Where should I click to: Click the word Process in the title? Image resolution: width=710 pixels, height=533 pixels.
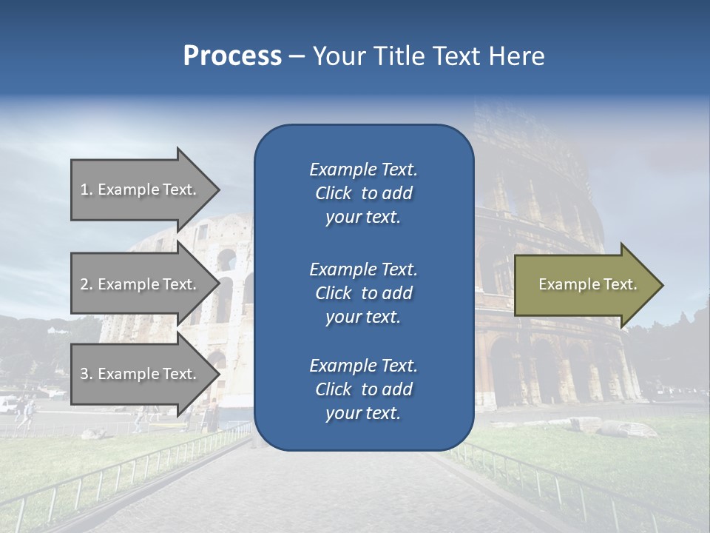tap(232, 56)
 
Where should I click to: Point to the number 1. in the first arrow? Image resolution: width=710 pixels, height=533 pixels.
tap(87, 190)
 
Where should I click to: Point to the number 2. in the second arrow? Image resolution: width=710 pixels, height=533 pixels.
tap(87, 284)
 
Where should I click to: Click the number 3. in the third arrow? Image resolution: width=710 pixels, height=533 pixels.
tap(87, 374)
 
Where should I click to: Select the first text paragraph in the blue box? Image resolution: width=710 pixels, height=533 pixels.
tap(363, 193)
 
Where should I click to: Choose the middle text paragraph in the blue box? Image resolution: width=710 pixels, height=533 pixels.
tap(363, 293)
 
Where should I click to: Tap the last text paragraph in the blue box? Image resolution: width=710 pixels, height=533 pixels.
tap(363, 389)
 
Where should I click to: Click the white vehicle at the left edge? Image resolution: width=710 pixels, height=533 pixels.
tap(7, 404)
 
